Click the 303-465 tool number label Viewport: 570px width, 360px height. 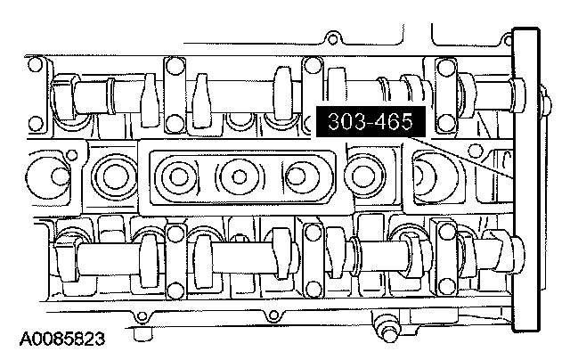point(370,121)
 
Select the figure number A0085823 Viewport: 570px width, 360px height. point(62,339)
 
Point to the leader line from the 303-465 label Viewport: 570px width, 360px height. point(460,157)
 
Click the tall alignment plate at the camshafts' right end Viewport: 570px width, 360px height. point(525,180)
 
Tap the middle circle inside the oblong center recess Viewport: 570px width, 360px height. point(239,177)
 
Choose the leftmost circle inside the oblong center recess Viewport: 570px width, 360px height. point(179,177)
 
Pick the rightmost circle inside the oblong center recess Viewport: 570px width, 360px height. point(300,176)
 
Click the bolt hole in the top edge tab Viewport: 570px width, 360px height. point(332,38)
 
